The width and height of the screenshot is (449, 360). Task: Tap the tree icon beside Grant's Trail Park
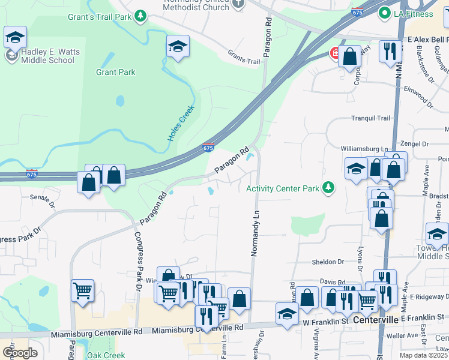pyautogui.click(x=140, y=16)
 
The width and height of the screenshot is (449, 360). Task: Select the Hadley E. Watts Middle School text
pyautogui.click(x=47, y=56)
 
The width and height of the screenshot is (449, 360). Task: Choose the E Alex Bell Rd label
pyautogui.click(x=428, y=39)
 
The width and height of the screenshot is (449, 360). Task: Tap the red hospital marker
pyautogui.click(x=334, y=54)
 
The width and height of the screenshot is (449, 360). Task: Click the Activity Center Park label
pyautogui.click(x=283, y=188)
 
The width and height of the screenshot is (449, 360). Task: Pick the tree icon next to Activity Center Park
pyautogui.click(x=328, y=188)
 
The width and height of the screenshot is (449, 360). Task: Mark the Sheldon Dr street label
pyautogui.click(x=328, y=262)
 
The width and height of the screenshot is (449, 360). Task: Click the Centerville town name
pyautogui.click(x=376, y=319)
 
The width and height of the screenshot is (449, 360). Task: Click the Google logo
pyautogui.click(x=19, y=353)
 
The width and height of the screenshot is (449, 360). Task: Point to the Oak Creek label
pyautogui.click(x=106, y=355)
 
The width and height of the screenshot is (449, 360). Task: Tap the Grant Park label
pyautogui.click(x=116, y=73)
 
